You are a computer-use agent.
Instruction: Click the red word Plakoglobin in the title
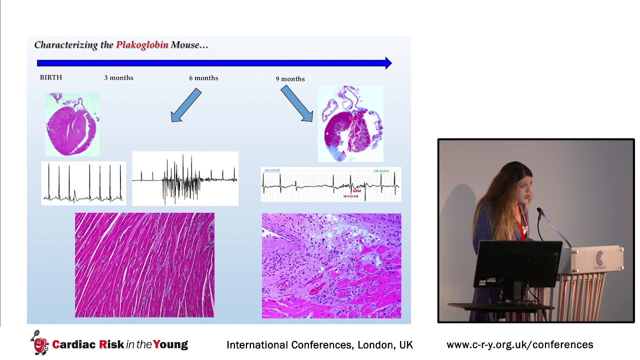142,45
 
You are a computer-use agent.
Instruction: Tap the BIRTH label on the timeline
51,77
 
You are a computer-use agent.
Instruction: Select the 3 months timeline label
118,77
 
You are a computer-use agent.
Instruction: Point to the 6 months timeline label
203,77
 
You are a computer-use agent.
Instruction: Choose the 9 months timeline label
290,78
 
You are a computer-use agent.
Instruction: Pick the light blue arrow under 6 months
186,105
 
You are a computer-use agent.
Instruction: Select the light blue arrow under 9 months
296,103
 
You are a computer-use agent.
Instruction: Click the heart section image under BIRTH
72,124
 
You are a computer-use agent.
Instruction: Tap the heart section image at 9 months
350,123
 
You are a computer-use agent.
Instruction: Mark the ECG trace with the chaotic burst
185,178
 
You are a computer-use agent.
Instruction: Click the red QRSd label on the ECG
356,191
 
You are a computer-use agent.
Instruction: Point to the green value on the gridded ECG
381,171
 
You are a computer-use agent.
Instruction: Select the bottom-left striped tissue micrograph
144,265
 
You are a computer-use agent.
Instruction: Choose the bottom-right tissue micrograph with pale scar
331,265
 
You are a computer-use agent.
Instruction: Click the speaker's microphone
540,212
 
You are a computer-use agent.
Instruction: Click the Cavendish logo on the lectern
599,259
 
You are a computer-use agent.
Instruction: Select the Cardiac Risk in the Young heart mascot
39,343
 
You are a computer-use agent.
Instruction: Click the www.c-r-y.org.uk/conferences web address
519,344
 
